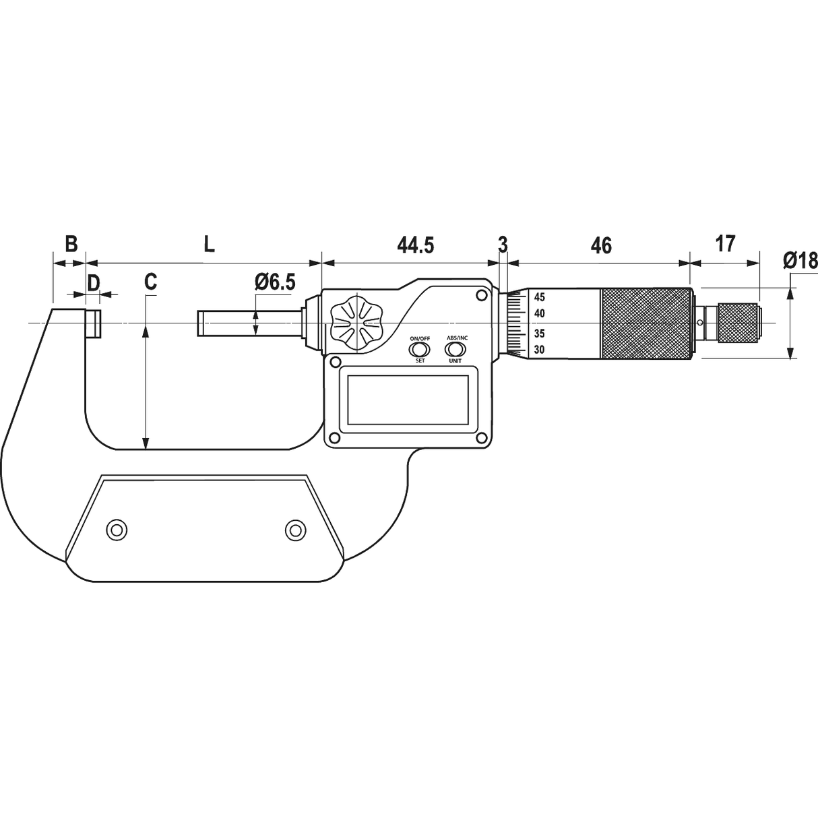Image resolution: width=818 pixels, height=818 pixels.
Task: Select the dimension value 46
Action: click(600, 245)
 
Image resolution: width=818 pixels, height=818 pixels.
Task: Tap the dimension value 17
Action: click(725, 243)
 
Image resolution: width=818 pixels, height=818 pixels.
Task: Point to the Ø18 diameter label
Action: click(800, 260)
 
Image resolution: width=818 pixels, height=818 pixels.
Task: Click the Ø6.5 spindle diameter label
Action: click(275, 282)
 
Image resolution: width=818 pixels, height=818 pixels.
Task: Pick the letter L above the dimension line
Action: click(210, 244)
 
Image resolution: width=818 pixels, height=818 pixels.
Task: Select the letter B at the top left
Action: click(71, 244)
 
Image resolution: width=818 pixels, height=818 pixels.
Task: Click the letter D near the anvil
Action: click(93, 282)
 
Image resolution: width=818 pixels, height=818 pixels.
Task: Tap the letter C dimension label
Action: click(151, 282)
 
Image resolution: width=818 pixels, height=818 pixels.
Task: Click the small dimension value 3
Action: click(503, 244)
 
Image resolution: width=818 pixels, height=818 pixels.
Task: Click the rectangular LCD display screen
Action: click(408, 398)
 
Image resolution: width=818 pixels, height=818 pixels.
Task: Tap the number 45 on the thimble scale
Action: click(540, 297)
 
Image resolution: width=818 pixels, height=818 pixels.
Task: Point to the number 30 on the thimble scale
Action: click(540, 349)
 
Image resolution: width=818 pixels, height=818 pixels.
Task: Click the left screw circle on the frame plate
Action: click(117, 530)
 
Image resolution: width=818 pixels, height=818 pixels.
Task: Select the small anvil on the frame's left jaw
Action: click(94, 323)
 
